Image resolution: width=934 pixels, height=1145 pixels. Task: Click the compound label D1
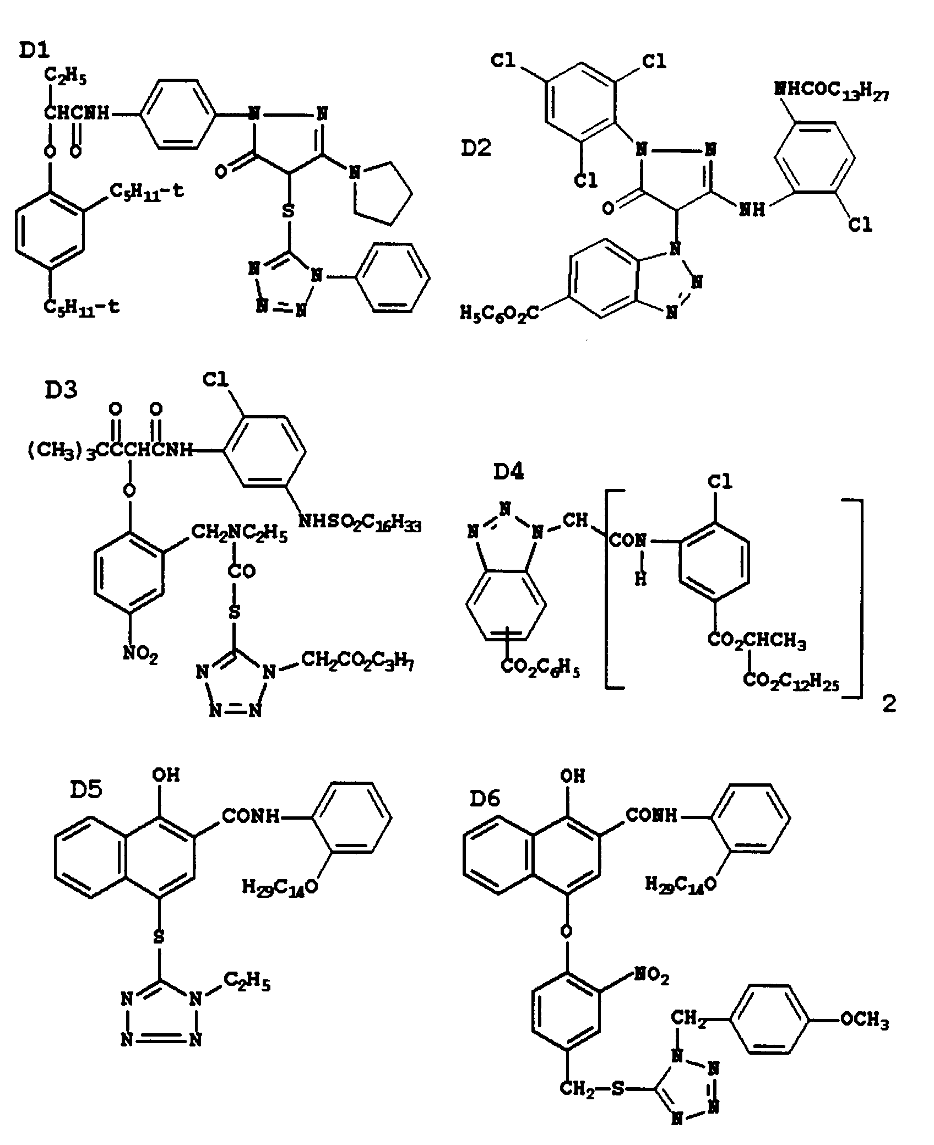34,51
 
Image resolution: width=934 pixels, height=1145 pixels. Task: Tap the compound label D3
61,390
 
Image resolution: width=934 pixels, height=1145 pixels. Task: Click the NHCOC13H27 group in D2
832,91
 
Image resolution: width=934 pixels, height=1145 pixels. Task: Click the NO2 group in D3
140,655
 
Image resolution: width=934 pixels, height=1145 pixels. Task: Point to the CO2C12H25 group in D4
791,681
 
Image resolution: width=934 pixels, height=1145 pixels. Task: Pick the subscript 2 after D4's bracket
889,705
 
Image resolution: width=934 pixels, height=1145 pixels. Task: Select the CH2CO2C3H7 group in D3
357,662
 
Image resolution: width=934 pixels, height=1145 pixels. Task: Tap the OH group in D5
166,775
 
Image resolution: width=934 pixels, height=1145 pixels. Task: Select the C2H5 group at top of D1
66,78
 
